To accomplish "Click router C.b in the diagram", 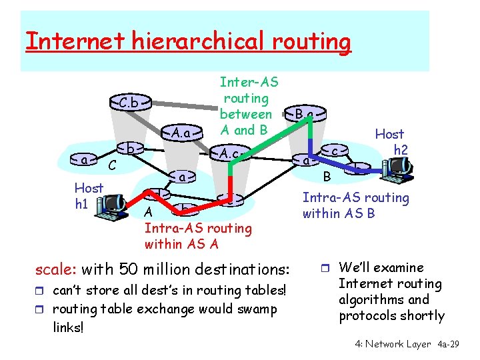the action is [x=130, y=103].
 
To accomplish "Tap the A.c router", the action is [x=229, y=154].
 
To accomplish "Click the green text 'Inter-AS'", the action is [x=249, y=83].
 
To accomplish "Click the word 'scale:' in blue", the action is [x=56, y=270].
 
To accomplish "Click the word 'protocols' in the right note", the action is [x=368, y=315].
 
